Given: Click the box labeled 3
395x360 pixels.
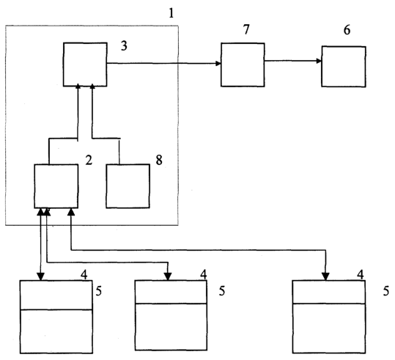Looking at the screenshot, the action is click(x=85, y=65).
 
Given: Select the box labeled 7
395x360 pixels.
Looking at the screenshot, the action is click(x=243, y=65).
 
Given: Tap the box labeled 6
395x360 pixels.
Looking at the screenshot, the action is click(x=344, y=67).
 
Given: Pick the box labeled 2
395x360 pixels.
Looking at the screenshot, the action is click(x=56, y=186).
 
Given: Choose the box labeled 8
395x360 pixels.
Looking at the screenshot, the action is click(x=128, y=186).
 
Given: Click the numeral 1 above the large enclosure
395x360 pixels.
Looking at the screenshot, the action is click(x=171, y=13).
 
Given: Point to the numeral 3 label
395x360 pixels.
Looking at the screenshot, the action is click(x=124, y=46).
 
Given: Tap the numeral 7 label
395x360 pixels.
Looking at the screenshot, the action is click(x=246, y=29).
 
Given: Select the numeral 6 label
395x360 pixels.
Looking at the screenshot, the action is click(x=347, y=30).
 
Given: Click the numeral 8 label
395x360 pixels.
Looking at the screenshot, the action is click(x=159, y=160).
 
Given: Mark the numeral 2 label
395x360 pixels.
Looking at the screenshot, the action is click(x=89, y=160).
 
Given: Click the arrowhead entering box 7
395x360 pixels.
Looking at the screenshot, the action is click(x=218, y=63).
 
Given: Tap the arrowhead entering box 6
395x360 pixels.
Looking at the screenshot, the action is click(x=320, y=61).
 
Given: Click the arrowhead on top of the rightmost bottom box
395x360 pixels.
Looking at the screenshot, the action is click(x=325, y=276).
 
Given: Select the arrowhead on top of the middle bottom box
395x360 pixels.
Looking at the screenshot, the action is click(x=168, y=276).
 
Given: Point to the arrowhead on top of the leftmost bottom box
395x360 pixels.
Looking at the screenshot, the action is click(x=40, y=276).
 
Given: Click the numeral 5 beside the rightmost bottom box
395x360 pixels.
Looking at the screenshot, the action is click(x=386, y=291).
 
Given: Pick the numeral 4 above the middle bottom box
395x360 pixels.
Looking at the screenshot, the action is click(x=204, y=274).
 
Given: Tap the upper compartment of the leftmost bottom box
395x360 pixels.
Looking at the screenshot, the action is click(x=56, y=295).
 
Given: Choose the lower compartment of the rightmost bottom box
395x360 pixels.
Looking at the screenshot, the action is click(x=329, y=328).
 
